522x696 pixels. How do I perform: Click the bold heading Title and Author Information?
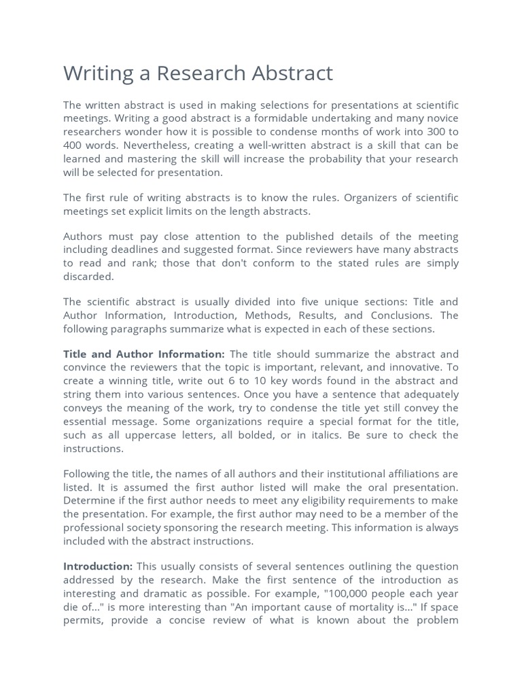point(143,354)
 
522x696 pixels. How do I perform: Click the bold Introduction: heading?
point(98,566)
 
